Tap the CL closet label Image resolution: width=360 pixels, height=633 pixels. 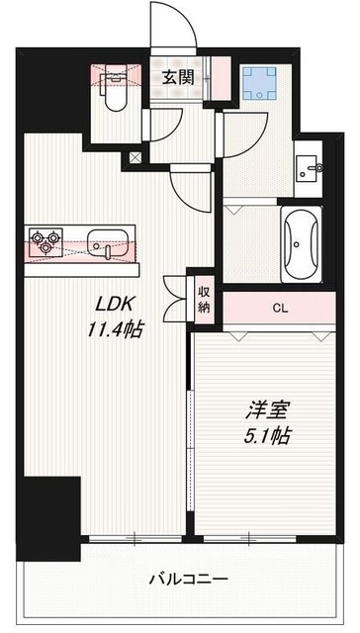280,308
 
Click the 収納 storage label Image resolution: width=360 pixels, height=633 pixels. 205,299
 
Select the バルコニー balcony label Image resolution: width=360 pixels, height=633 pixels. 190,579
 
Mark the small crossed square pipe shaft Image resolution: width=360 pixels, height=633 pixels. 135,157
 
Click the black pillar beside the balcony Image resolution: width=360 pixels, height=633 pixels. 51,515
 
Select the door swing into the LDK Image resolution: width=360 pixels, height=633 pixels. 188,185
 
